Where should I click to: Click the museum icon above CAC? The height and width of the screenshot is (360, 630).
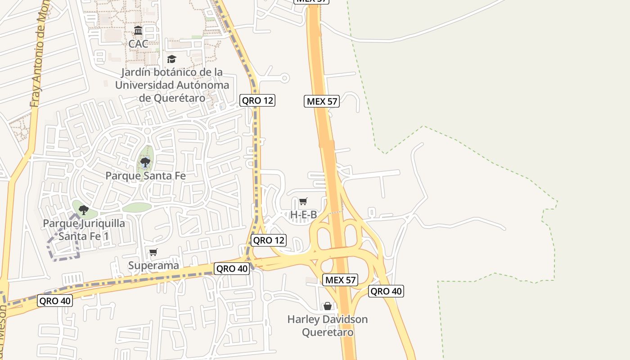[138, 31]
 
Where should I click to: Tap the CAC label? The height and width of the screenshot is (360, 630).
[138, 44]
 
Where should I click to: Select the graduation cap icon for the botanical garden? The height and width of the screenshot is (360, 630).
[171, 59]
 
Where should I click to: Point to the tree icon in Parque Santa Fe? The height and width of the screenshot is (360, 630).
[145, 162]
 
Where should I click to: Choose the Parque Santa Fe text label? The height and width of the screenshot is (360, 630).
[145, 175]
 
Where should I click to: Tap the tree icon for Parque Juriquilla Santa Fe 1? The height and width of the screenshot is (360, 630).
[83, 210]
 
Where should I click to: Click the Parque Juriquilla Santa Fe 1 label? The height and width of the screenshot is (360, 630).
[84, 229]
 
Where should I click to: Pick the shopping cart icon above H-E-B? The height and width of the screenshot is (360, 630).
[303, 201]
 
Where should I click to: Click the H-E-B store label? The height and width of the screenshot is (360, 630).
[303, 215]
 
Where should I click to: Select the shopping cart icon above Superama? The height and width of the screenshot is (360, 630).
[153, 252]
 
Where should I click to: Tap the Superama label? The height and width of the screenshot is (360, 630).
[153, 265]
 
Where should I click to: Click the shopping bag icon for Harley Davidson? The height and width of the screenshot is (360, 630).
[328, 306]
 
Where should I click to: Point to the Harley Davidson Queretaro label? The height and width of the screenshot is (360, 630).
[328, 326]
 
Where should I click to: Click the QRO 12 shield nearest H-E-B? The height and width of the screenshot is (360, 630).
[269, 240]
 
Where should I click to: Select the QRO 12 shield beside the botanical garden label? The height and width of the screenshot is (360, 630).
[257, 100]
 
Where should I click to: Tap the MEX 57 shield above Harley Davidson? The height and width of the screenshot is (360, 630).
[340, 280]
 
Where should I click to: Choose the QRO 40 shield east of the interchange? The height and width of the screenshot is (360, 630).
[386, 291]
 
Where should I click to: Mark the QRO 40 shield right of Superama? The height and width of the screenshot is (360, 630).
[232, 269]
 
